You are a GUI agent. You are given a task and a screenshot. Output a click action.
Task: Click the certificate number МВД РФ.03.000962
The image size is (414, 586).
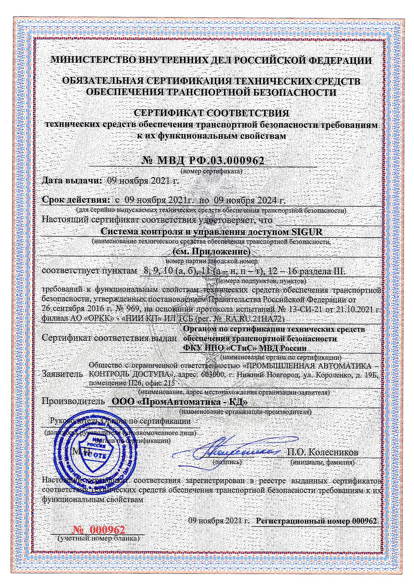[203, 161]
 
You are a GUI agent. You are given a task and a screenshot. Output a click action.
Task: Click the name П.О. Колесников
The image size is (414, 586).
[322, 452]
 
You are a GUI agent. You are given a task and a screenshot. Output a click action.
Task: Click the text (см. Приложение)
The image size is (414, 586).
[211, 251]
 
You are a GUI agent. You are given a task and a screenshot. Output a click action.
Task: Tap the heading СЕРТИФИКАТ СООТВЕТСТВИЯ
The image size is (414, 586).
[211, 113]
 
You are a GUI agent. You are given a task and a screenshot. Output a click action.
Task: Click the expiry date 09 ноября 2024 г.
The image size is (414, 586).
[249, 200]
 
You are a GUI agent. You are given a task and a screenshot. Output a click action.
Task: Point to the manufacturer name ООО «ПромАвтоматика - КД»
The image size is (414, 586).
[179, 402]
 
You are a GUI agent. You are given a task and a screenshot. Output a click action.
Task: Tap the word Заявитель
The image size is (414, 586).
[62, 374]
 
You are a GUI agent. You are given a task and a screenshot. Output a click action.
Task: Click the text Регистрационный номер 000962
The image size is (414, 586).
[317, 521]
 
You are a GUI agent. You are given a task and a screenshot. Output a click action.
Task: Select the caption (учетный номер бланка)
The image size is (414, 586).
[99, 539]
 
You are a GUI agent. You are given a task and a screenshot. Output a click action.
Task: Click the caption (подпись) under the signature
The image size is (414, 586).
[227, 462]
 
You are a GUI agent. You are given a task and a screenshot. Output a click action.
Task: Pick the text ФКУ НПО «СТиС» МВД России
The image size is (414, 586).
[245, 348]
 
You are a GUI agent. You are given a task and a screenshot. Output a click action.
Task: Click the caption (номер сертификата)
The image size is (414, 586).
[211, 171]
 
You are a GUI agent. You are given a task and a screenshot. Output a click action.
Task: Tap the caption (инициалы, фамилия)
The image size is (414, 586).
[322, 462]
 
